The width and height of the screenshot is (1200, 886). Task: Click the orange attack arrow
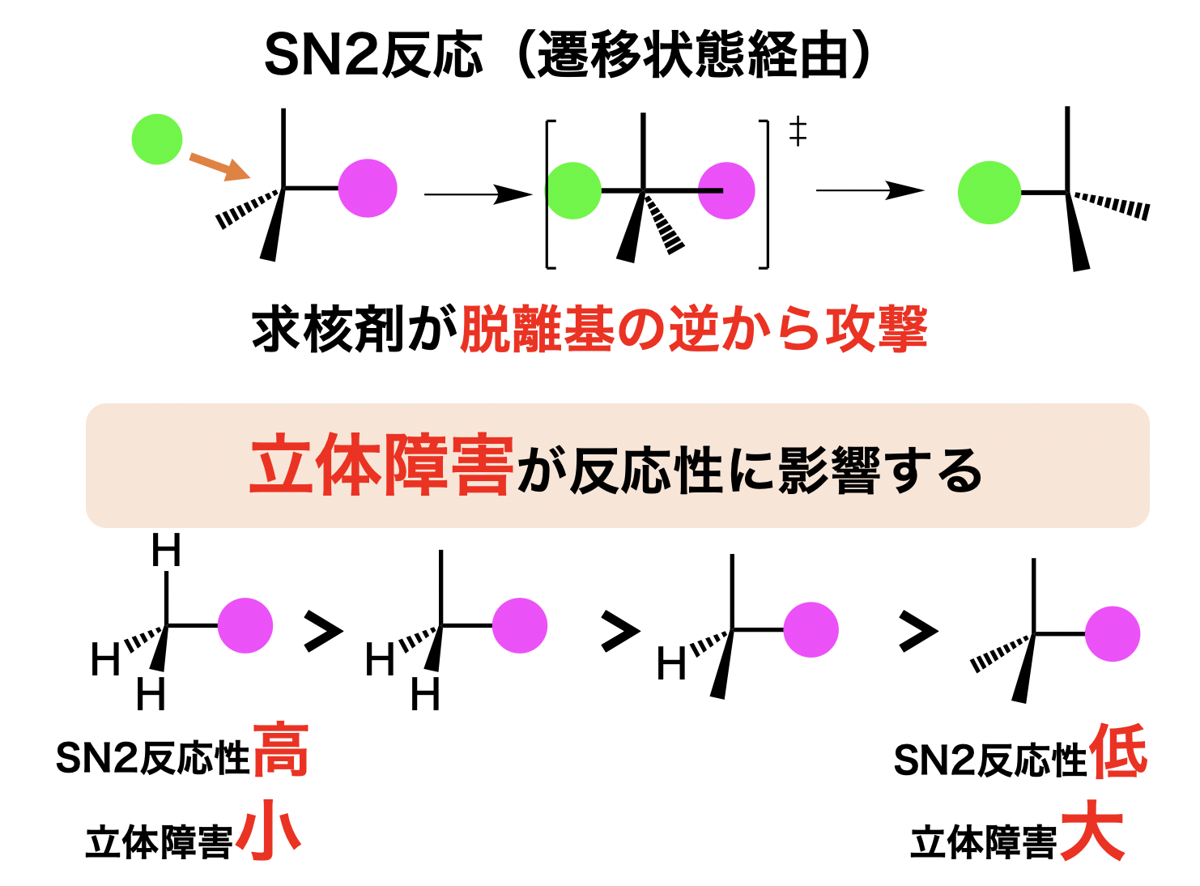click(x=219, y=166)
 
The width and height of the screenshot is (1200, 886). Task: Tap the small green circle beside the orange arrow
click(x=157, y=139)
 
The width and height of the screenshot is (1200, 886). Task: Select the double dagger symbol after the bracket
click(x=798, y=131)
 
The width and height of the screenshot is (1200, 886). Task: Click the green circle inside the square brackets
click(x=574, y=191)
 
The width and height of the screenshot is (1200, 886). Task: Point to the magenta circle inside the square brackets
click(x=726, y=191)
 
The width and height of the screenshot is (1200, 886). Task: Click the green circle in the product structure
click(x=989, y=193)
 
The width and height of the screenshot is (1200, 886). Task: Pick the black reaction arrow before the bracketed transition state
click(x=478, y=194)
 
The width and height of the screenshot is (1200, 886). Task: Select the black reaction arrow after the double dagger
click(x=870, y=191)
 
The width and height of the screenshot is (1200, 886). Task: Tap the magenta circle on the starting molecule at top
click(x=368, y=189)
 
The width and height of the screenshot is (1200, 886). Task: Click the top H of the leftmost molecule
click(x=166, y=552)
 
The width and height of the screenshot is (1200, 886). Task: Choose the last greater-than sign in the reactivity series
click(x=918, y=633)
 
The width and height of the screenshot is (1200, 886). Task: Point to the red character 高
click(x=281, y=751)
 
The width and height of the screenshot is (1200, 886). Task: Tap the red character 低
click(x=1118, y=751)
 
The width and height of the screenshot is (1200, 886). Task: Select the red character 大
click(x=1092, y=832)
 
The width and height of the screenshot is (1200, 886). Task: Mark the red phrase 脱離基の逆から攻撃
click(x=693, y=330)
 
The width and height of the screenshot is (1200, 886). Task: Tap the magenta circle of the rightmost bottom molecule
click(x=1113, y=634)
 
